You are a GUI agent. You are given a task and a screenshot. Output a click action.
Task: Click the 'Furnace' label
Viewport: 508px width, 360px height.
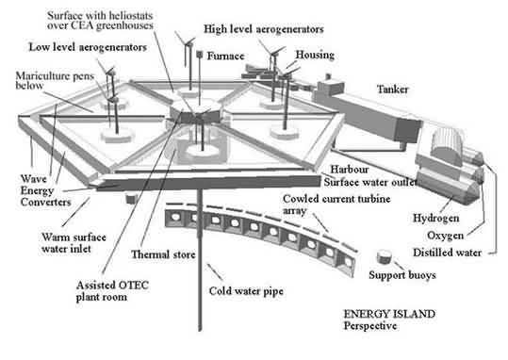click(x=225, y=56)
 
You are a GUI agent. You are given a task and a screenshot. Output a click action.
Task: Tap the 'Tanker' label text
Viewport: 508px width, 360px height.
click(x=392, y=90)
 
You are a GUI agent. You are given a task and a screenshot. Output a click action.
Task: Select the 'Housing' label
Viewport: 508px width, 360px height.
click(x=315, y=55)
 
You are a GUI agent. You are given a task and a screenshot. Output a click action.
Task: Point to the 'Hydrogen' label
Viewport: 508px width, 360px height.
click(x=435, y=218)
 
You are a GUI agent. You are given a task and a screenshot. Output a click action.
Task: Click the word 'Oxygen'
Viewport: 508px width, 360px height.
click(x=445, y=236)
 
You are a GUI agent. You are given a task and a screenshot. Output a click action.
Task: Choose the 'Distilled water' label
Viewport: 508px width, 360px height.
click(x=447, y=253)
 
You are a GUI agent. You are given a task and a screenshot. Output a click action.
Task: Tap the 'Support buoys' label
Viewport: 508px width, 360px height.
click(x=402, y=275)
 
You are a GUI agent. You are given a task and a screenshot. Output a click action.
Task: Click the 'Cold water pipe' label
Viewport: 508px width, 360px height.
click(x=246, y=291)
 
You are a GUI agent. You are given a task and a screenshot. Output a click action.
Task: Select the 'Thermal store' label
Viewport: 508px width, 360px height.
click(x=163, y=254)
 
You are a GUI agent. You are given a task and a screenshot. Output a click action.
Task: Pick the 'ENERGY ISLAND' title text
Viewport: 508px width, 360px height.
click(x=389, y=314)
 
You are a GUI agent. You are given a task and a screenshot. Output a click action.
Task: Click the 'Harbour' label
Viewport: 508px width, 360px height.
click(x=350, y=170)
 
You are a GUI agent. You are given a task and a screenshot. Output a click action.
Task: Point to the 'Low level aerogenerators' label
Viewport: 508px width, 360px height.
click(x=88, y=47)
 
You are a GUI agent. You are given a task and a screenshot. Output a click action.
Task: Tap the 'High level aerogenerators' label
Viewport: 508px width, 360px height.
click(x=263, y=29)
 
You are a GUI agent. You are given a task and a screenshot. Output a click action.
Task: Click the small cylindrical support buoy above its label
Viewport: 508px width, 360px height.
click(x=384, y=256)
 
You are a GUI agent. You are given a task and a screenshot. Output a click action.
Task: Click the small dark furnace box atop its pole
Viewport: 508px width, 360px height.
click(x=200, y=54)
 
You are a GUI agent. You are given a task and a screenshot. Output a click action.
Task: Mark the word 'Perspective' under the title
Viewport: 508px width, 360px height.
click(x=370, y=326)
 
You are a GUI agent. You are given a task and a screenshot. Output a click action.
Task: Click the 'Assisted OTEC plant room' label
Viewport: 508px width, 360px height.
click(x=112, y=291)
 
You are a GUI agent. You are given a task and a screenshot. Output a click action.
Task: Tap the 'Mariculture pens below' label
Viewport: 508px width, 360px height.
click(x=55, y=80)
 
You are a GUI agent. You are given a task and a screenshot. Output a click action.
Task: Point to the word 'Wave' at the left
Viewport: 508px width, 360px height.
click(x=34, y=178)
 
